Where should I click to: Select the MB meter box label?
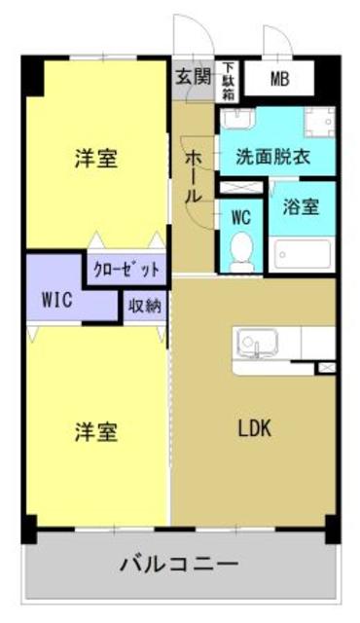coord(279,78)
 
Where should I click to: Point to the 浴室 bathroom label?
coord(302,206)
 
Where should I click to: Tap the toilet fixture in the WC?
coord(241,251)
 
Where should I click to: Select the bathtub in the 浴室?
coord(302,255)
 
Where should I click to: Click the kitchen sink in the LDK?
coord(256,343)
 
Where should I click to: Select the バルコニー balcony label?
coord(179,564)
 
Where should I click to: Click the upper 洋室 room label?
coord(96,159)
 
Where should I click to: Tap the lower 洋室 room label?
coord(96,431)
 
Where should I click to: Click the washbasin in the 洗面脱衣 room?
coord(236,121)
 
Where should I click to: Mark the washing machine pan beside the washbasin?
coord(319,123)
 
